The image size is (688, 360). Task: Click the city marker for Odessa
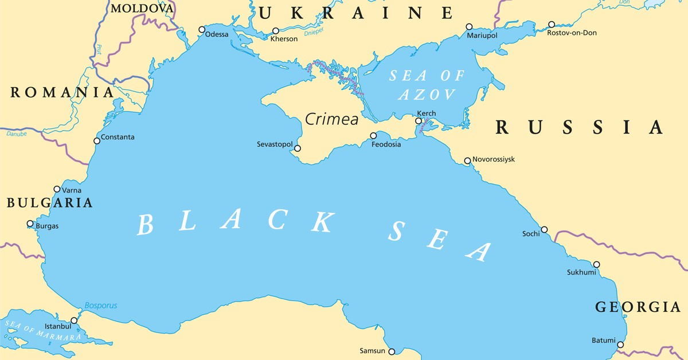click(x=202, y=29)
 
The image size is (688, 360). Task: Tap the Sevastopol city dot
click(x=298, y=148)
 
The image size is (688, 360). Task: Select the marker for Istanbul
click(x=74, y=320)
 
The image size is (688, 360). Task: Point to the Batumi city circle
click(x=620, y=345)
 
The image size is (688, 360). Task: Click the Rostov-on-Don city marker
click(x=552, y=25)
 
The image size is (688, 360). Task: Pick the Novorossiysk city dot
click(x=467, y=161)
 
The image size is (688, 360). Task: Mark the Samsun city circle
click(x=392, y=351)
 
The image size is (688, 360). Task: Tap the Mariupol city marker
click(x=469, y=26)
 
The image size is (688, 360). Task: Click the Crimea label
click(x=331, y=119)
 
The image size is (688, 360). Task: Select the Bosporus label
click(x=100, y=306)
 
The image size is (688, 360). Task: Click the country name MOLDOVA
click(x=142, y=8)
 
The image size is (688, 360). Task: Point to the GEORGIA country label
click(x=638, y=307)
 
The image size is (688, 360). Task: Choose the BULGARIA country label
click(x=49, y=202)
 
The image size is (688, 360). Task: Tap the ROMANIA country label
click(x=62, y=92)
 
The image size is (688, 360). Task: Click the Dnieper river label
click(x=314, y=32)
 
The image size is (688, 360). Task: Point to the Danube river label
click(x=17, y=133)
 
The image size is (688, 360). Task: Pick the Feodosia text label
click(x=386, y=144)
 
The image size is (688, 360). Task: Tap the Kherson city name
click(x=284, y=39)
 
